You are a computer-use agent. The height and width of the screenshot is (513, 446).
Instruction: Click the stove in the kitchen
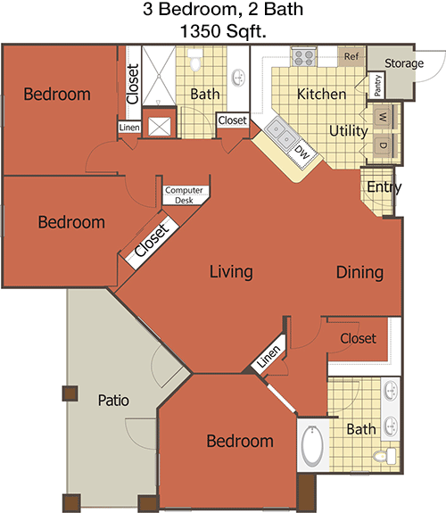[304, 57]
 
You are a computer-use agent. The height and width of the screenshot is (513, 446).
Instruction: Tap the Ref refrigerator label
[351, 56]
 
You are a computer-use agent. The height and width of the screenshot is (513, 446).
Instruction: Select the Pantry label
[377, 86]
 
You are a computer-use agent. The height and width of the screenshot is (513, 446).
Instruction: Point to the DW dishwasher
[301, 153]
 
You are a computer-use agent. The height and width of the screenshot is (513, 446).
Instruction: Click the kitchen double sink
[282, 134]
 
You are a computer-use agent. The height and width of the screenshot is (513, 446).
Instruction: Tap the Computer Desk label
[184, 195]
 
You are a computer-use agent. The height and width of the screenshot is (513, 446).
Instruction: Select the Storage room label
[404, 63]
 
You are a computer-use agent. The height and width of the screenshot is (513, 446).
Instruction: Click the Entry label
[384, 187]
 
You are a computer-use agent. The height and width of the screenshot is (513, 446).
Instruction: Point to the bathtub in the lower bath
[312, 446]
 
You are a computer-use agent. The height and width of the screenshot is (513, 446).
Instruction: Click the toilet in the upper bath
[195, 60]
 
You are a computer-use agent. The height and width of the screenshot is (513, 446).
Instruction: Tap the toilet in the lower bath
[384, 456]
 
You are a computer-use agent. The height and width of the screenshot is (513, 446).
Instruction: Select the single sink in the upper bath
[238, 78]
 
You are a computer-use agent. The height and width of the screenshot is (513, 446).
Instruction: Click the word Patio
[113, 401]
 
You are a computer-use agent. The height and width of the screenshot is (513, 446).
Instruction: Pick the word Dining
[360, 272]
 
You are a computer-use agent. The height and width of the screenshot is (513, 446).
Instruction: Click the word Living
[231, 272]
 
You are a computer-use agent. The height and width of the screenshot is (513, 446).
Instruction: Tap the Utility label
[349, 131]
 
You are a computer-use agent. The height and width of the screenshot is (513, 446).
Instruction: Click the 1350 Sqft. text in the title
[223, 31]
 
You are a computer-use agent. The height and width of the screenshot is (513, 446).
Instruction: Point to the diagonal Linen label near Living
[268, 356]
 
